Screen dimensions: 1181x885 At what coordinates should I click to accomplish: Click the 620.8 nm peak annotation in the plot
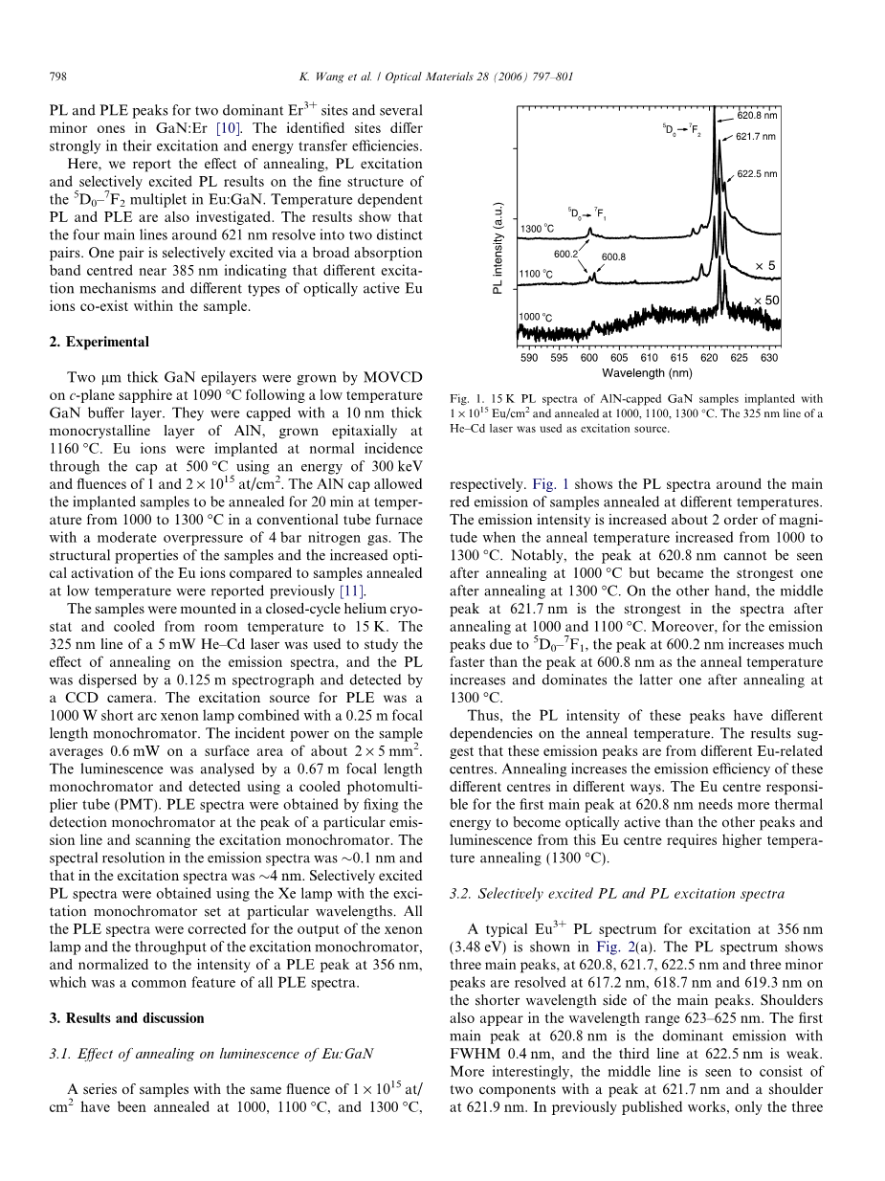tap(757, 116)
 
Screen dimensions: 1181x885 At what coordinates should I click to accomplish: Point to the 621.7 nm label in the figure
tap(756, 137)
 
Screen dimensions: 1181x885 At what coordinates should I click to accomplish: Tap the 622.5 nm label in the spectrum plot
tap(757, 174)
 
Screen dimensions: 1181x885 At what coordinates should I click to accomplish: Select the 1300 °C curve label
tap(538, 229)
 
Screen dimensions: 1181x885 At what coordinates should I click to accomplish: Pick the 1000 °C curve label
tap(537, 317)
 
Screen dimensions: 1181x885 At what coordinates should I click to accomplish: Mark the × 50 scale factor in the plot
tap(765, 301)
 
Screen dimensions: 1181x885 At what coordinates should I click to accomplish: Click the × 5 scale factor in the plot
tap(765, 265)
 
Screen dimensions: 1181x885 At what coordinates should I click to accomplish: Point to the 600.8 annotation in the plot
tap(613, 257)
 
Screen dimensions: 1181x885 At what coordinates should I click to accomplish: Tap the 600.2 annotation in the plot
tap(565, 254)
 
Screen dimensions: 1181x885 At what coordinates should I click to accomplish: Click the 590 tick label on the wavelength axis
tap(529, 358)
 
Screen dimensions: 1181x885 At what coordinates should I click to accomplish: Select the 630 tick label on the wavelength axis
tap(769, 358)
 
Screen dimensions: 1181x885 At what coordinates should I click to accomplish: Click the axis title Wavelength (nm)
tap(648, 373)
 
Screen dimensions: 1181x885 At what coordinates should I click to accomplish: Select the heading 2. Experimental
tap(100, 342)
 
